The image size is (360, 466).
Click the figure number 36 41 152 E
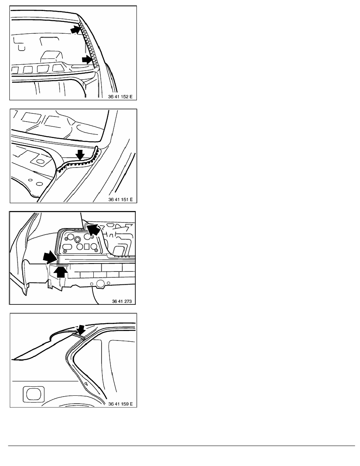click(120, 96)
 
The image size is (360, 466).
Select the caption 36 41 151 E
click(120, 199)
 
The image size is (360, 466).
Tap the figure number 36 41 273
click(122, 301)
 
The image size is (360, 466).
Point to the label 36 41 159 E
click(120, 404)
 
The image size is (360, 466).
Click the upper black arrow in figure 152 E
click(75, 30)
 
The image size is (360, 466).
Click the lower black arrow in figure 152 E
click(87, 60)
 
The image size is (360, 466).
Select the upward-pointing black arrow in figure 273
click(61, 271)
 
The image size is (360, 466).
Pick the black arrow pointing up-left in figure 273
click(94, 230)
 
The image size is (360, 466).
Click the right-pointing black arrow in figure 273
click(49, 257)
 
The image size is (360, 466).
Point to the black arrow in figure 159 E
click(80, 329)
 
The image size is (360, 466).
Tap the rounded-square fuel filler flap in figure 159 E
click(33, 394)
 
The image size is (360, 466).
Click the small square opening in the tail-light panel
click(87, 246)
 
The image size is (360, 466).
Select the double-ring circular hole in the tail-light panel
click(78, 239)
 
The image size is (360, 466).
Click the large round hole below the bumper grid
click(101, 284)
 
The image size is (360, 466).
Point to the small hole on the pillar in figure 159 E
click(86, 384)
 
